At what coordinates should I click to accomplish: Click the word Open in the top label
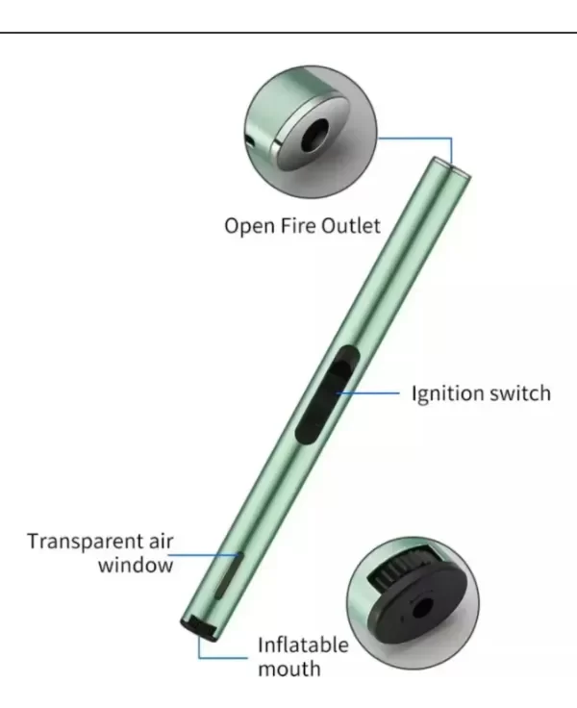(x=249, y=226)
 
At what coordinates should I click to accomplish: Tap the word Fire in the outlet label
(x=297, y=225)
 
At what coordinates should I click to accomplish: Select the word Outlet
(x=350, y=225)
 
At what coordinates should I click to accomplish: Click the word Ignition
(x=447, y=394)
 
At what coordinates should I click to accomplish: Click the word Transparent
(x=83, y=542)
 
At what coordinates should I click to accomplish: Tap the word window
(x=136, y=566)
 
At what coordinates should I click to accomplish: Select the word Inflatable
(x=303, y=645)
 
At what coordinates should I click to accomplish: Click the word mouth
(x=289, y=669)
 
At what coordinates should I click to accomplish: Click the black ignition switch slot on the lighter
(x=327, y=395)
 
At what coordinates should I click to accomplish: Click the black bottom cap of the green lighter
(x=200, y=627)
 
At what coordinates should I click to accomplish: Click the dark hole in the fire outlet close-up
(x=315, y=134)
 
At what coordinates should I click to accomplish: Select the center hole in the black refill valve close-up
(x=423, y=607)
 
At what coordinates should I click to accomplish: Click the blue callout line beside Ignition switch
(x=368, y=393)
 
